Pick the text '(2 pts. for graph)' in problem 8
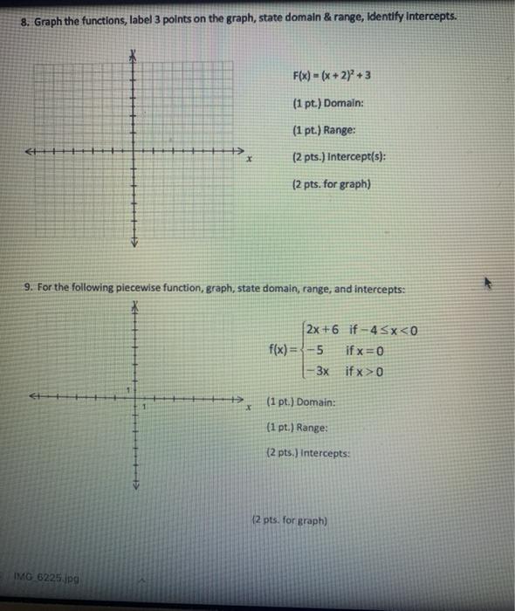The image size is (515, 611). coord(333,184)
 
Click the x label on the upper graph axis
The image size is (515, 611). coord(250,161)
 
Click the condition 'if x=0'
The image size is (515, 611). coord(365,352)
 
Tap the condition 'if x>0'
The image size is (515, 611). coord(366,372)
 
